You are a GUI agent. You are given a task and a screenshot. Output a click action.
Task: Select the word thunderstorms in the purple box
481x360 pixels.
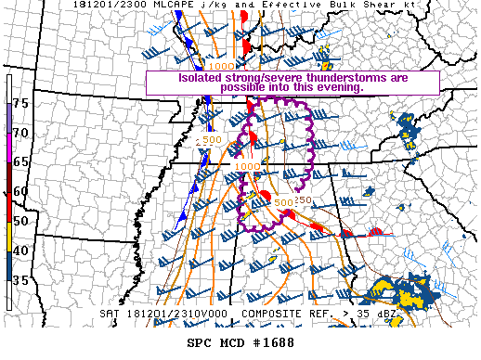(x=331, y=77)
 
